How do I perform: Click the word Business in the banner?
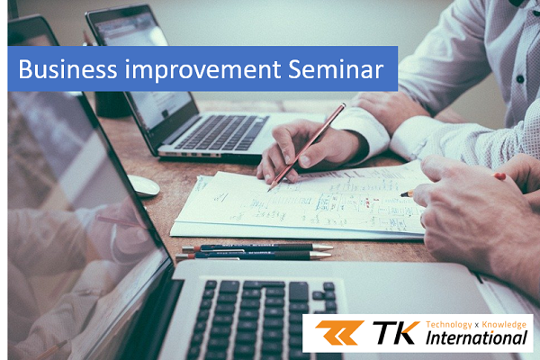[67, 69]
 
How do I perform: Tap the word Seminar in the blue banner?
[336, 69]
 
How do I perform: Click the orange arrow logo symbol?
[339, 332]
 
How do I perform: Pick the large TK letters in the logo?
[396, 332]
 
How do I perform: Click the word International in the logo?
[476, 337]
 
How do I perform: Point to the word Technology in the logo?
[449, 325]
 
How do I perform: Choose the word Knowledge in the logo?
[504, 324]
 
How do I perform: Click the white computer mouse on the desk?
[143, 185]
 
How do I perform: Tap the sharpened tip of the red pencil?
[269, 189]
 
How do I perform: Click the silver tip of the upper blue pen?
[323, 247]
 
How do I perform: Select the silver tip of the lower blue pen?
[321, 255]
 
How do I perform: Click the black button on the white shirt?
[520, 79]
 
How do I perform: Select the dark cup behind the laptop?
[112, 104]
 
